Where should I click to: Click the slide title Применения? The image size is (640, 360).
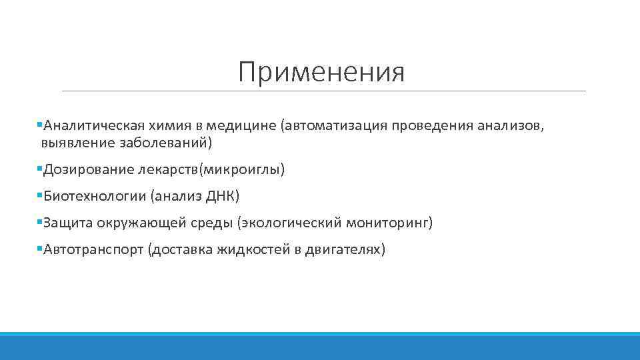pos(321,71)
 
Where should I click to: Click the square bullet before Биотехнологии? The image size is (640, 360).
pos(40,196)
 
